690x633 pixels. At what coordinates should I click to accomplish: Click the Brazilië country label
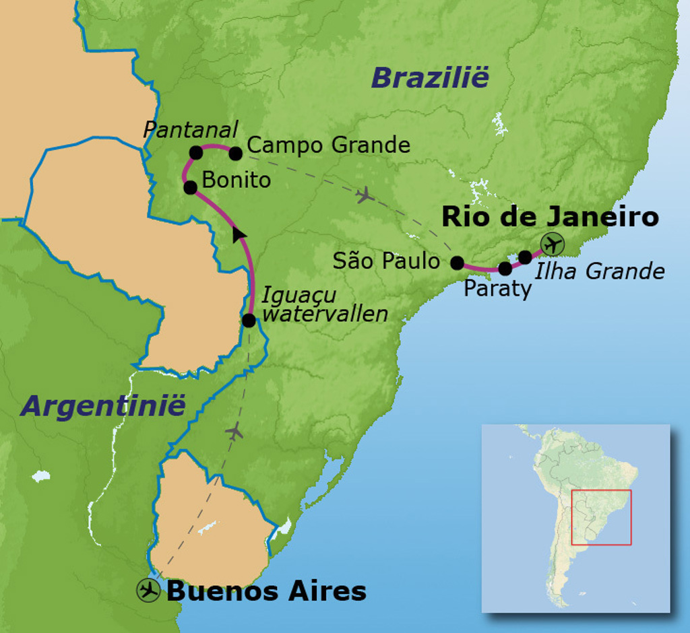429,78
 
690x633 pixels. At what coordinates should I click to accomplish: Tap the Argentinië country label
102,406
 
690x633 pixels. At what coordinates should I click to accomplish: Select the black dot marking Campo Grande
235,154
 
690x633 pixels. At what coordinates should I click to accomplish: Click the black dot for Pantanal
195,153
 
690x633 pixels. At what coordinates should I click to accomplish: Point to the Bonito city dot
190,187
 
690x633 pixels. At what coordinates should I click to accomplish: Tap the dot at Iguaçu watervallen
248,321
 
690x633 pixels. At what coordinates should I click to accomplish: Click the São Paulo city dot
457,263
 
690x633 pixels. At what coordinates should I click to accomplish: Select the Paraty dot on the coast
505,269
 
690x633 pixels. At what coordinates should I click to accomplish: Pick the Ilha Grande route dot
525,257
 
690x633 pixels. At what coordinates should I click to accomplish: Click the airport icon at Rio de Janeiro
552,244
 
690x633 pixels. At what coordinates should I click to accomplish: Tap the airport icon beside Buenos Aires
148,591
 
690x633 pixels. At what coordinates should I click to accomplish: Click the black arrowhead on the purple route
239,234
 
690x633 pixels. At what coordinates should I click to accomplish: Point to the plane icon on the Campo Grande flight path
365,195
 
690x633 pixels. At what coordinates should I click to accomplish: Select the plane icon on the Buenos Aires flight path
234,431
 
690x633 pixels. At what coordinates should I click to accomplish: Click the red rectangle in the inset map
601,517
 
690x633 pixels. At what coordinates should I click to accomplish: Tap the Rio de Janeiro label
549,217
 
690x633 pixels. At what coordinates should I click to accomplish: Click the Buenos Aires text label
266,591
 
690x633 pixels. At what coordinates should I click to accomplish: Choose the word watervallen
325,313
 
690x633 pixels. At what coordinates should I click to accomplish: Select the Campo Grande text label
329,145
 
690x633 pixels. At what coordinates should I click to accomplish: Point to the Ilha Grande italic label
599,271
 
